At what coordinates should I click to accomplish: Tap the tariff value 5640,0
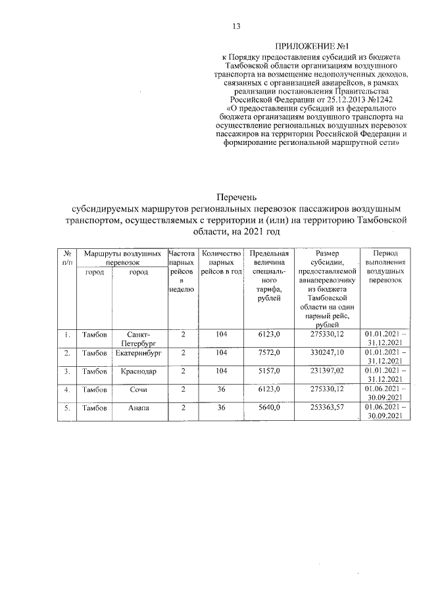(x=268, y=408)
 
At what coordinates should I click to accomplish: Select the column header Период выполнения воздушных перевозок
(x=385, y=266)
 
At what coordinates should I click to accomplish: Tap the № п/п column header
(x=67, y=257)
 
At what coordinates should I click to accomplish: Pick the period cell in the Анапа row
(x=385, y=412)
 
